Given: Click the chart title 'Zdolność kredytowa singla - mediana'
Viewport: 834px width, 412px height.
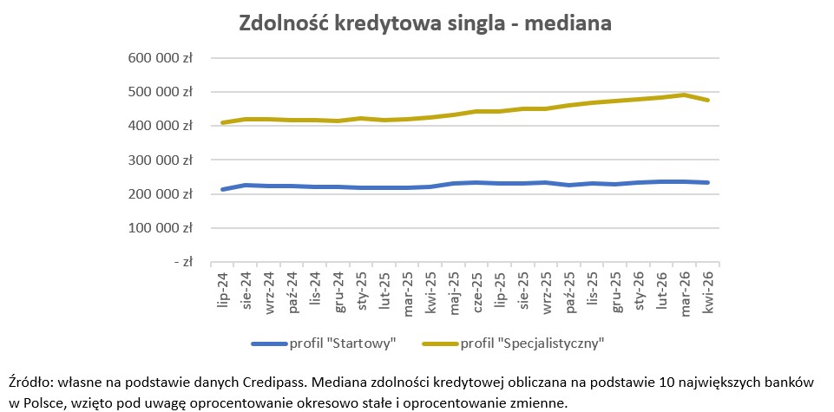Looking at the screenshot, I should pyautogui.click(x=425, y=23).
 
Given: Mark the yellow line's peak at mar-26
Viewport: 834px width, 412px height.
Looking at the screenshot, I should pyautogui.click(x=684, y=95).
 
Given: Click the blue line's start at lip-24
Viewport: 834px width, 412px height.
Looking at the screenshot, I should pyautogui.click(x=223, y=189).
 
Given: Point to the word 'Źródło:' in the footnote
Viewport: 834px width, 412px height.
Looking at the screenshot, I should pyautogui.click(x=32, y=383).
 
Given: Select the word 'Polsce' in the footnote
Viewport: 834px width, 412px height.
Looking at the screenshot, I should pyautogui.click(x=43, y=402).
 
